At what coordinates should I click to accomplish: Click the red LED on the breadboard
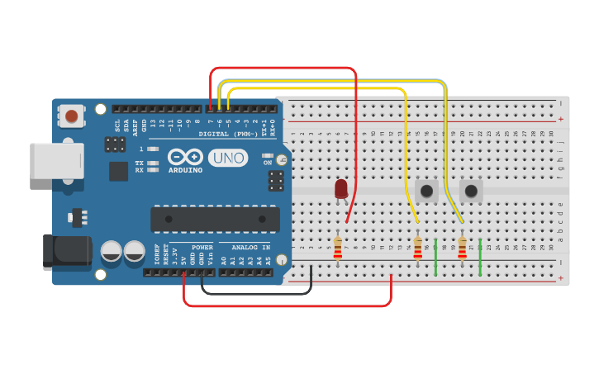pos(341,189)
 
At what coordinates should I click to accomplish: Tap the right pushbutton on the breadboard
pos(471,192)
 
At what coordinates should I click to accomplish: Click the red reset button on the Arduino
pos(73,116)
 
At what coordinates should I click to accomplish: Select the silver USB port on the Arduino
pos(56,160)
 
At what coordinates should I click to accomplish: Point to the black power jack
pos(66,251)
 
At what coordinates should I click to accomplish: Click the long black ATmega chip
pos(215,219)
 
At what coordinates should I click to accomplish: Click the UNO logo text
pos(227,158)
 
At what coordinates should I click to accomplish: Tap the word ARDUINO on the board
pos(185,170)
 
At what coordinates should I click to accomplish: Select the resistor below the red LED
pos(337,248)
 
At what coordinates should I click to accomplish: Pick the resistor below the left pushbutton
pos(417,248)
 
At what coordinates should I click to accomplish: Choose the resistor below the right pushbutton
pos(462,248)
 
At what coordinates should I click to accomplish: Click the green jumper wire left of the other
pos(435,258)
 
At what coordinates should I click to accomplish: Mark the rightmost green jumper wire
pos(480,258)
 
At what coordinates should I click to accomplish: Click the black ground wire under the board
pos(256,293)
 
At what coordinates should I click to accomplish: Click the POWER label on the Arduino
pos(202,247)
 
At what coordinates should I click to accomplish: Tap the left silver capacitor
pos(112,251)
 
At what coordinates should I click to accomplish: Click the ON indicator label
pos(267,163)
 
